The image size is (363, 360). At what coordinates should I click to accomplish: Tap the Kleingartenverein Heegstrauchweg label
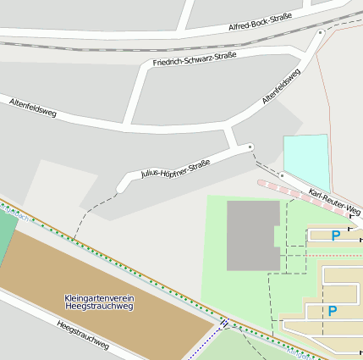(x=98, y=302)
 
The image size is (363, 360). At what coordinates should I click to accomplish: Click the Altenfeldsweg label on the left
(x=32, y=107)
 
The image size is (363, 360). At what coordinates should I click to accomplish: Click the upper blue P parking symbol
(x=336, y=235)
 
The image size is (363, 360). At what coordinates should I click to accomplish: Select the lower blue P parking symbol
(x=332, y=311)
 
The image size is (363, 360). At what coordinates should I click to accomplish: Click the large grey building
(x=251, y=235)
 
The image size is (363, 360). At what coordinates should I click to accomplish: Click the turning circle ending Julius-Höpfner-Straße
(x=250, y=147)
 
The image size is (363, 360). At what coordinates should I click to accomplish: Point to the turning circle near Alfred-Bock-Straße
(x=321, y=32)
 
